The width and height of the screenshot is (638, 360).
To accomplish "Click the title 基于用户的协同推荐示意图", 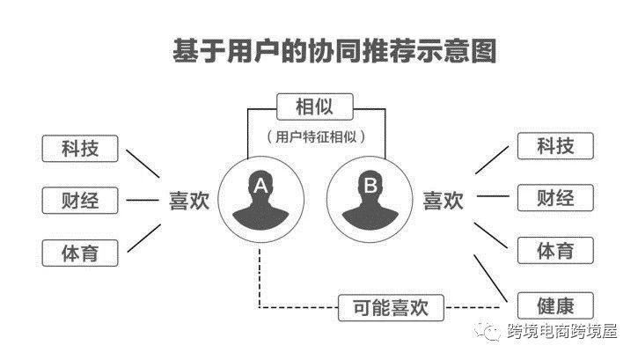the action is [x=334, y=51].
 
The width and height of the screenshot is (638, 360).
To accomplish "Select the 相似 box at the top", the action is [x=314, y=107].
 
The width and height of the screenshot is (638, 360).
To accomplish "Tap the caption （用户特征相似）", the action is [x=316, y=136].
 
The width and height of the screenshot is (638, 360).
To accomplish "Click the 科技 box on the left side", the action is [x=80, y=149].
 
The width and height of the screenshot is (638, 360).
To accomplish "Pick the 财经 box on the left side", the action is [x=80, y=200].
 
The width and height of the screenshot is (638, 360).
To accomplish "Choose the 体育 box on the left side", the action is [x=80, y=253].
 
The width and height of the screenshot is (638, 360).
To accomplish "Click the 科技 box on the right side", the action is [x=555, y=146].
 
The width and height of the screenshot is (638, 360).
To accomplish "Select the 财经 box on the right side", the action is [x=555, y=198].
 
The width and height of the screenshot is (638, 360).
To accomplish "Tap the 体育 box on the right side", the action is [x=555, y=251].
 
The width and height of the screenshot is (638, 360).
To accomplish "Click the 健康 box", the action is [x=555, y=305].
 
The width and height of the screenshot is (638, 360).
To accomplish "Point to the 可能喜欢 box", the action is [x=391, y=307].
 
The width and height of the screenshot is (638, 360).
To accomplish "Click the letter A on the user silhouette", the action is [x=260, y=186].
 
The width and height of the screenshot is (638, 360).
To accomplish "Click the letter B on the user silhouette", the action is [x=370, y=186].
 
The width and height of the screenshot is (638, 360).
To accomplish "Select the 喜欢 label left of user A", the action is [x=189, y=201].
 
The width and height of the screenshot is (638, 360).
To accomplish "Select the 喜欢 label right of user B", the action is [x=444, y=201].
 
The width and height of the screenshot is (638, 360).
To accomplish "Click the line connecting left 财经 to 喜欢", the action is [x=143, y=200].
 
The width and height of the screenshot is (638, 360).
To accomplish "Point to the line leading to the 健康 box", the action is [x=491, y=278].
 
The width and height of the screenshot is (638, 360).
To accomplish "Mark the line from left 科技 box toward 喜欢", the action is [x=143, y=164].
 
